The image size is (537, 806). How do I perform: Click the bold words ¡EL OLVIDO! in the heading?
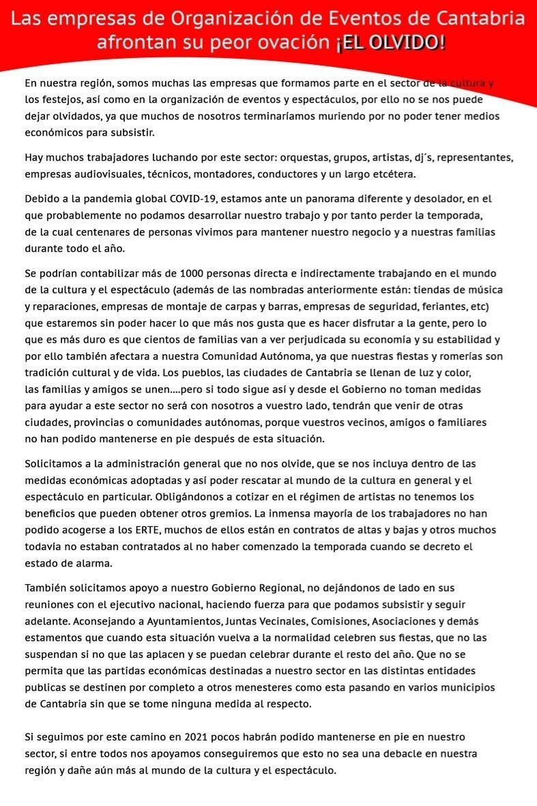tap(390, 43)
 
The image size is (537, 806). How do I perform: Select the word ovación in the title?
tap(300, 43)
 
